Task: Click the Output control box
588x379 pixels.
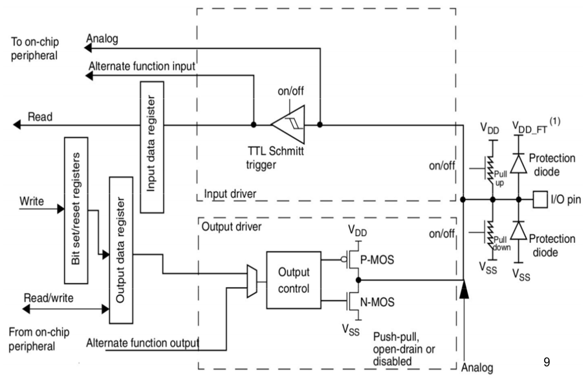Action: point(294,280)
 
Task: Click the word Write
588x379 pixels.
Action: point(31,202)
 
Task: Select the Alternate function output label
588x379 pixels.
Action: point(143,343)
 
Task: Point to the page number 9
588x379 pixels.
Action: point(547,361)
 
